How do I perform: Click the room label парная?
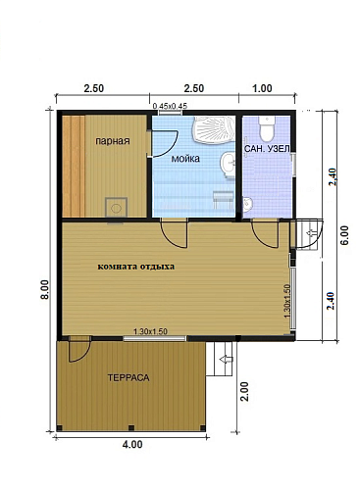112,141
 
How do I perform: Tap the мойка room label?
185,159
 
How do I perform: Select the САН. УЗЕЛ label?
267,149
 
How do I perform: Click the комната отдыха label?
136,267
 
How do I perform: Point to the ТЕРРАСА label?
129,378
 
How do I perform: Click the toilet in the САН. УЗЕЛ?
266,128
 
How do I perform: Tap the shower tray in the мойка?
213,130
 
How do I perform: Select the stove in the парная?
116,208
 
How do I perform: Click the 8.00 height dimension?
45,289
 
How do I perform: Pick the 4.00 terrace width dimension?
131,445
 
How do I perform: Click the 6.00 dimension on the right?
345,235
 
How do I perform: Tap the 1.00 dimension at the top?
263,88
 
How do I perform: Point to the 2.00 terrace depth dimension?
245,391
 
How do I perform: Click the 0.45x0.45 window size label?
170,106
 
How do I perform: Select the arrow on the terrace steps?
227,360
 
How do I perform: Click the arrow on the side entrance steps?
310,233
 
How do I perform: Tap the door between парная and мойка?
164,144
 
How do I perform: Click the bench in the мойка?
224,200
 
